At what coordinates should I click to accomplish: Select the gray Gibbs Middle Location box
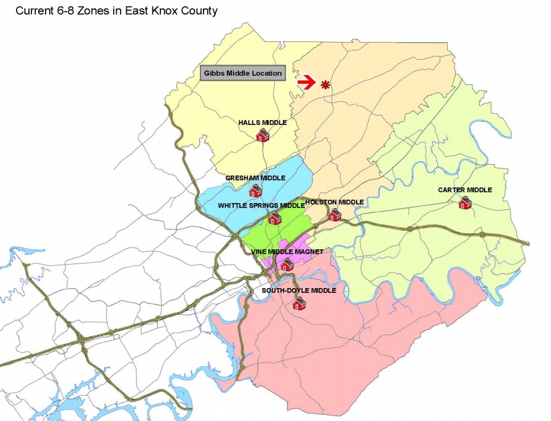coord(242,73)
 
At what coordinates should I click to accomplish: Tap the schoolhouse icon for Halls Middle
coord(263,135)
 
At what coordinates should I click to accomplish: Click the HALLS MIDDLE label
coord(263,122)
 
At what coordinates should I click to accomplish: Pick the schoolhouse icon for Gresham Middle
coord(255,191)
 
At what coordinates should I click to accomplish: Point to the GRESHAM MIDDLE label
coord(255,178)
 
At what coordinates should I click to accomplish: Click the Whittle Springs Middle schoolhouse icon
coord(275,218)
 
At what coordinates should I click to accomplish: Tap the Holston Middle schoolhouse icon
coord(335,214)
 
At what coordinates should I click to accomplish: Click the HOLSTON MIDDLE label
coord(335,202)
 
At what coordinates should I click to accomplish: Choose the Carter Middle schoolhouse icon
coord(465,202)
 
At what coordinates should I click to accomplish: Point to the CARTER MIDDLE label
coord(465,190)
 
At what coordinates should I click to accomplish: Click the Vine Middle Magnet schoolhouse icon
coord(287,265)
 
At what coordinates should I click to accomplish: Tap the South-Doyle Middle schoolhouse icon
coord(299,303)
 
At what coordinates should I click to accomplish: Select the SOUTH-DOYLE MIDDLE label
coord(299,291)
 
